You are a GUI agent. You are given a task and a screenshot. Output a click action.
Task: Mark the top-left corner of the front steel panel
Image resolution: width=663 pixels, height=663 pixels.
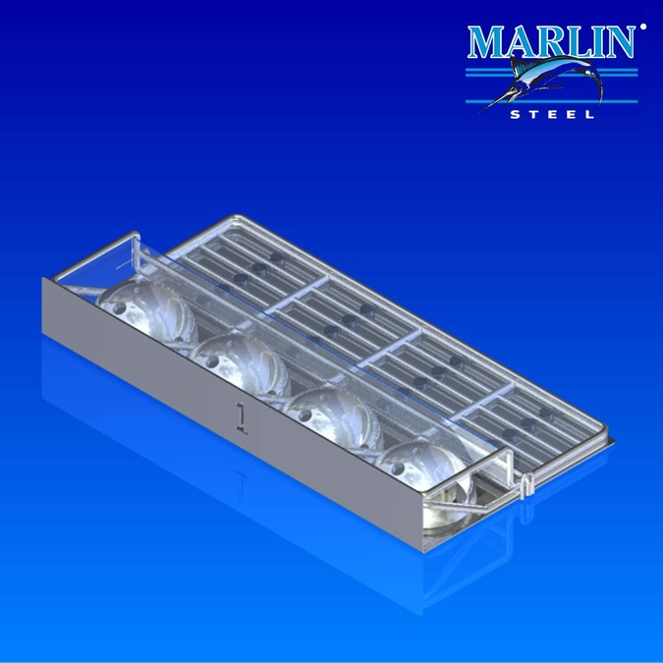[x=43, y=280]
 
